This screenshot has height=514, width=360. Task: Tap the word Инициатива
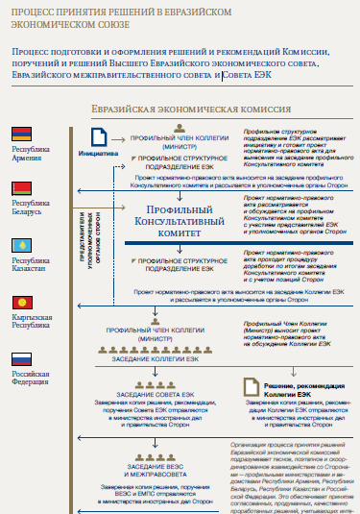98,153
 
